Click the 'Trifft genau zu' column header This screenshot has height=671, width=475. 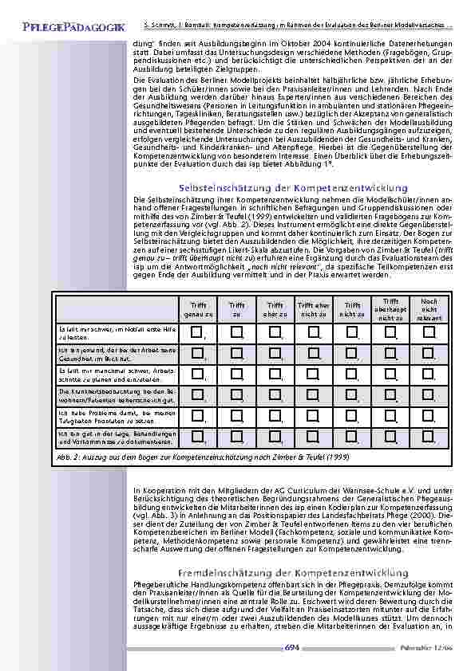pyautogui.click(x=199, y=309)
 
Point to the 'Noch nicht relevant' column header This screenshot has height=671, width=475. pyautogui.click(x=429, y=309)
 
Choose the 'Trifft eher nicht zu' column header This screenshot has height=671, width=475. pyautogui.click(x=314, y=309)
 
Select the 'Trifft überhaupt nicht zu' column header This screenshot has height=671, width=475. pyautogui.click(x=390, y=309)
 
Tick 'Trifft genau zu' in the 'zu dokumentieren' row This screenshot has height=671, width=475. pyautogui.click(x=198, y=436)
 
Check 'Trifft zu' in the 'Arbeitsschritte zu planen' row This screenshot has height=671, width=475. pyautogui.click(x=236, y=374)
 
